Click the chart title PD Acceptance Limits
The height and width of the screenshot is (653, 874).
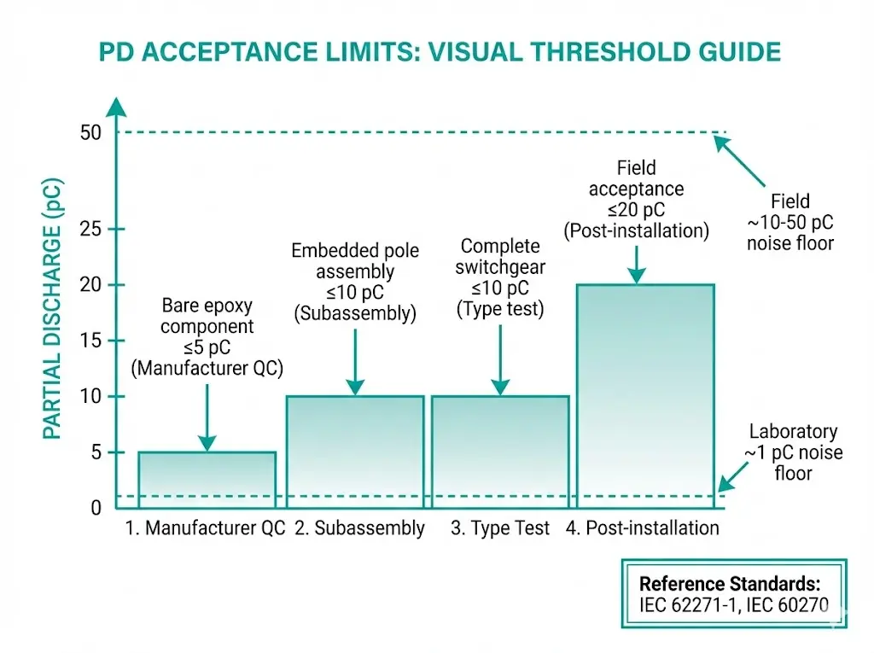click(x=440, y=52)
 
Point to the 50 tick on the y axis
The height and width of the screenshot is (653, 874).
click(x=90, y=132)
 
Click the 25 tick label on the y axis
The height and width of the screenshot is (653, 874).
click(x=90, y=230)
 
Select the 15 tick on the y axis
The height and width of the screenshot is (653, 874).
click(x=90, y=341)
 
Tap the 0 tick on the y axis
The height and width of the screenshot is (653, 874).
click(x=96, y=508)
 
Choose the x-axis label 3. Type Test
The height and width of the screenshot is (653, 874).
click(x=500, y=528)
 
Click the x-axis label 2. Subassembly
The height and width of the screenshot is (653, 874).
click(x=359, y=528)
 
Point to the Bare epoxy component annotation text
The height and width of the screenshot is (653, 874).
click(x=207, y=337)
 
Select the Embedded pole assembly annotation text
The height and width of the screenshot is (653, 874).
click(x=354, y=282)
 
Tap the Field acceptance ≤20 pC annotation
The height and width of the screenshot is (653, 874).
click(x=636, y=199)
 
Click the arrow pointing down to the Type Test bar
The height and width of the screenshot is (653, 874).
click(x=500, y=359)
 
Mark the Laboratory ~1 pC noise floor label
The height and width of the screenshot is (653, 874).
click(x=793, y=452)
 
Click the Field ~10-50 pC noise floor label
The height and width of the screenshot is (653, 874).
click(x=790, y=222)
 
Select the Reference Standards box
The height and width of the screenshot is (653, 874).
click(x=733, y=594)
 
